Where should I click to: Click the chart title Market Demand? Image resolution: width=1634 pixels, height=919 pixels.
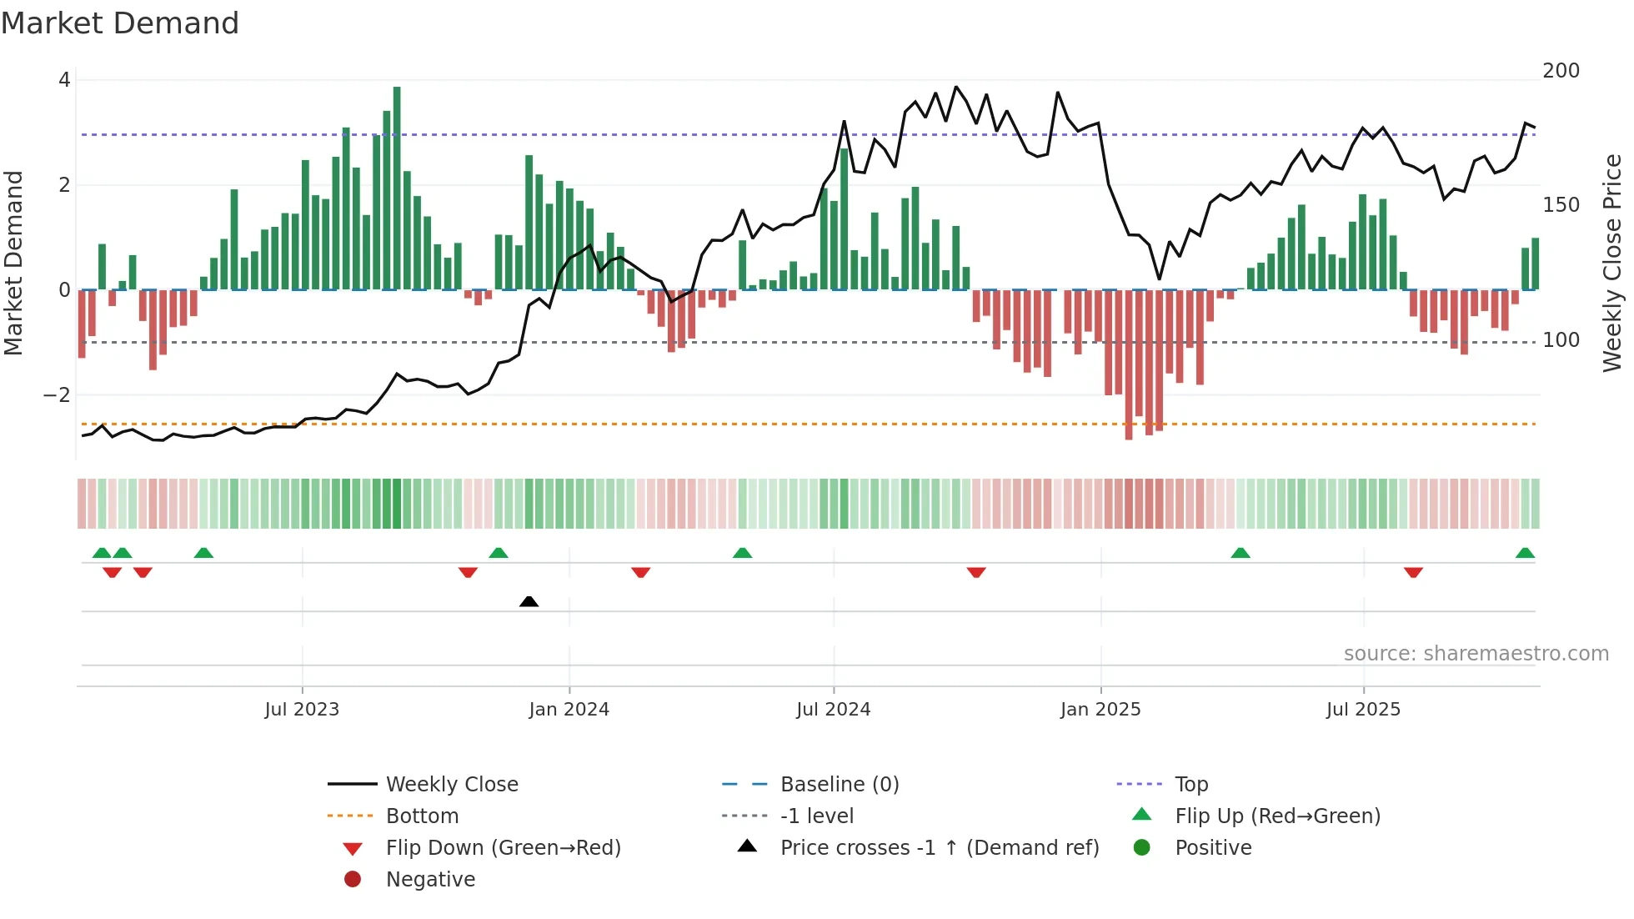pyautogui.click(x=120, y=23)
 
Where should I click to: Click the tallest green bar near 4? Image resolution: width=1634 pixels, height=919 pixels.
pyautogui.click(x=397, y=188)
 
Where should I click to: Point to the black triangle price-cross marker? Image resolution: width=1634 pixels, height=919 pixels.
pyautogui.click(x=529, y=601)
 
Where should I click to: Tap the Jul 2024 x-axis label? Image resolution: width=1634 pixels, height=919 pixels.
pyautogui.click(x=833, y=710)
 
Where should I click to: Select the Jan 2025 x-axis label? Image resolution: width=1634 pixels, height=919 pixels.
pyautogui.click(x=1100, y=710)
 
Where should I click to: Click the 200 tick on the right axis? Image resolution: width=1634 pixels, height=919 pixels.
pyautogui.click(x=1561, y=71)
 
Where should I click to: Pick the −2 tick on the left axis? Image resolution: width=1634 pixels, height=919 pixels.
pyautogui.click(x=57, y=395)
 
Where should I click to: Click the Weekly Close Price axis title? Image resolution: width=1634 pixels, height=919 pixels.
pyautogui.click(x=1613, y=263)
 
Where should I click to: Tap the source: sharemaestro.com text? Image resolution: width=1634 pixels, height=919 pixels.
pyautogui.click(x=1476, y=654)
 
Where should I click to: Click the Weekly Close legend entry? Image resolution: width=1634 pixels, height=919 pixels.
pyautogui.click(x=451, y=785)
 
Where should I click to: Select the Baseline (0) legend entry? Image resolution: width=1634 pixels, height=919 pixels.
pyautogui.click(x=839, y=785)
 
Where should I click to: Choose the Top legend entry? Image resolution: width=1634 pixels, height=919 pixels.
pyautogui.click(x=1190, y=785)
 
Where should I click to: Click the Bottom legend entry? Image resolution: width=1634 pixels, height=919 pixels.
pyautogui.click(x=422, y=816)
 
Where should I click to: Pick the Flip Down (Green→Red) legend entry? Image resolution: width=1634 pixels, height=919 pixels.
pyautogui.click(x=503, y=848)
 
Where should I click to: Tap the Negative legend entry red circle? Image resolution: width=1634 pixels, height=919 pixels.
pyautogui.click(x=353, y=880)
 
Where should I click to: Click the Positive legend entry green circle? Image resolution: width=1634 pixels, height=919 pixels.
pyautogui.click(x=1142, y=848)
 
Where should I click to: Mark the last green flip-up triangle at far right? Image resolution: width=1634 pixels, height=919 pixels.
pyautogui.click(x=1525, y=553)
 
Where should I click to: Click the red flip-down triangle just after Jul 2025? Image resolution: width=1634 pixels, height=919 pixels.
pyautogui.click(x=1413, y=572)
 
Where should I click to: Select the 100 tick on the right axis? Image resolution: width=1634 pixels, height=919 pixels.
pyautogui.click(x=1561, y=340)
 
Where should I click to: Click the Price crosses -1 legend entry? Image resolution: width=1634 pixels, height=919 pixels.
pyautogui.click(x=939, y=848)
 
